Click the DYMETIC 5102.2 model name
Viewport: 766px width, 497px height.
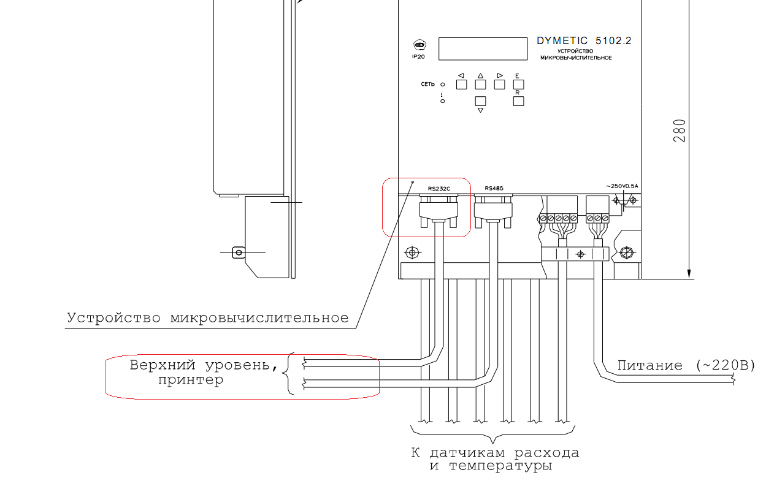point(583,41)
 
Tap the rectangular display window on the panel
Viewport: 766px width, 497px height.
point(483,48)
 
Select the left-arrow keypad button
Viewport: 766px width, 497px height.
point(461,85)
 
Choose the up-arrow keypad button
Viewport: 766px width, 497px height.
point(481,85)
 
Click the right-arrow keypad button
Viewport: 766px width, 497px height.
point(500,85)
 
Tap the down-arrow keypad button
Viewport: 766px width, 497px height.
point(481,101)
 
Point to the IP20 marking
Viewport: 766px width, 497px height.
point(418,56)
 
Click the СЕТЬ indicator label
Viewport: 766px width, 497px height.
point(428,84)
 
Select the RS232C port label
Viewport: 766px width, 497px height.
point(439,189)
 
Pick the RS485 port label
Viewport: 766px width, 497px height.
point(494,189)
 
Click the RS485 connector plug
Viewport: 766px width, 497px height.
point(493,211)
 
